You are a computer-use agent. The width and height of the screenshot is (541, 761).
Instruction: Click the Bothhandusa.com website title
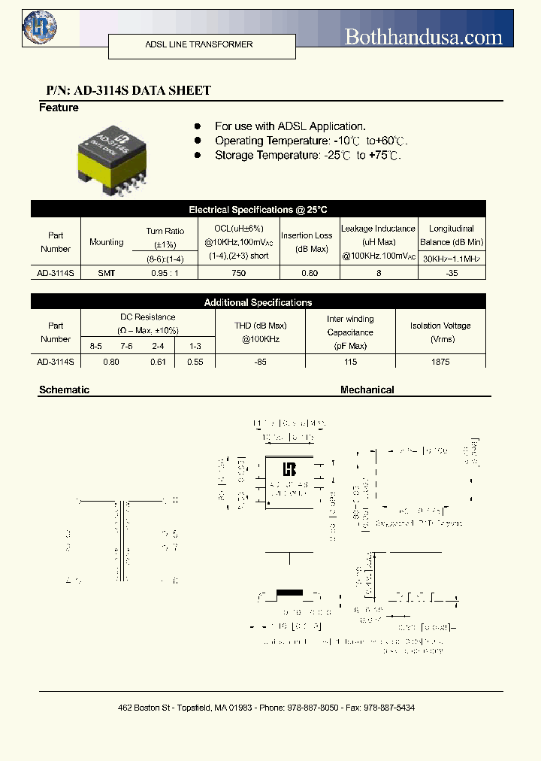click(x=423, y=36)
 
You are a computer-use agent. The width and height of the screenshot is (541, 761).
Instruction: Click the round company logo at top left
click(x=40, y=28)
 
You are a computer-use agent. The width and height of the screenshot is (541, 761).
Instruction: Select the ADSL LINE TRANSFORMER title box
click(x=198, y=45)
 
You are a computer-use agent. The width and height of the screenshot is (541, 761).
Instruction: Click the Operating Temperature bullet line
click(x=310, y=141)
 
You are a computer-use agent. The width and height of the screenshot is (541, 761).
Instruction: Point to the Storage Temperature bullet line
click(x=307, y=155)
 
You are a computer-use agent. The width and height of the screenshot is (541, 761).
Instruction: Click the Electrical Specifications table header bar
click(x=258, y=210)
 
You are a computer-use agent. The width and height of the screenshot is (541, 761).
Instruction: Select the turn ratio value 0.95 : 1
click(x=165, y=273)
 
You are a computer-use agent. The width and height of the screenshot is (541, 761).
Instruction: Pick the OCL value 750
click(x=239, y=273)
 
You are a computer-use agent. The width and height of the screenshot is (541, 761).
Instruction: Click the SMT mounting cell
click(x=107, y=273)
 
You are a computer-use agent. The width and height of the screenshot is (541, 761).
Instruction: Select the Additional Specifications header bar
click(x=258, y=302)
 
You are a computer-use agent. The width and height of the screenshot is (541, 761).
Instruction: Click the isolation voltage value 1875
click(x=440, y=362)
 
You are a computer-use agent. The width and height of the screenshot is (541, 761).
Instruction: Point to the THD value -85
click(x=260, y=362)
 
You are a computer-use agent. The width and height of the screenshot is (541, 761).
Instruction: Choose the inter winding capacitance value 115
click(x=350, y=362)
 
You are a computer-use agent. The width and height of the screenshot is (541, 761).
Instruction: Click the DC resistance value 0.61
click(x=158, y=362)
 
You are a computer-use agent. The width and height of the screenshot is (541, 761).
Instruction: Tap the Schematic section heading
click(x=64, y=390)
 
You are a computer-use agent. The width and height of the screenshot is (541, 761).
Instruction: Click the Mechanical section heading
click(x=367, y=390)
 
